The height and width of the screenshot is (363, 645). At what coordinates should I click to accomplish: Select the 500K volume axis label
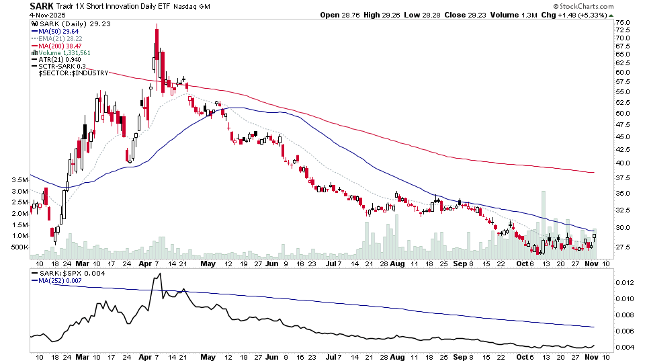[x=17, y=247]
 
